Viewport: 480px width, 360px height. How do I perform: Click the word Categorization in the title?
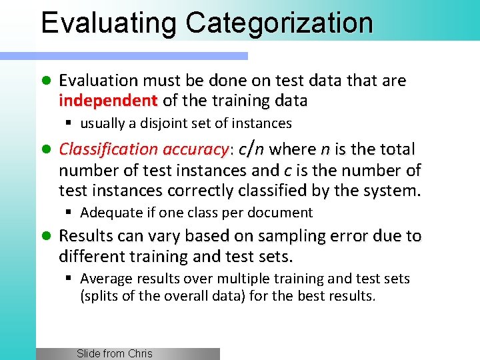(x=279, y=22)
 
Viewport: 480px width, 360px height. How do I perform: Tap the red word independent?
(x=107, y=101)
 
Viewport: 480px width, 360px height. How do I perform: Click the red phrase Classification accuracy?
(x=143, y=149)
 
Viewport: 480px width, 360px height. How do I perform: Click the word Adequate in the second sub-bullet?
(x=107, y=213)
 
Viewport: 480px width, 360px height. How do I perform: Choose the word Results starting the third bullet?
(x=85, y=236)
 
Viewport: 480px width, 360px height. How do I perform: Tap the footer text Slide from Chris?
(x=114, y=354)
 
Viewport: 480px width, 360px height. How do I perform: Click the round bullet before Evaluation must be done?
(x=46, y=81)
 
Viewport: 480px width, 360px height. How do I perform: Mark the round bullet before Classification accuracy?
(x=46, y=149)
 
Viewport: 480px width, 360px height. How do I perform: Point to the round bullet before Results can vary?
(x=46, y=236)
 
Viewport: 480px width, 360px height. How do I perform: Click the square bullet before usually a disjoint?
(x=69, y=123)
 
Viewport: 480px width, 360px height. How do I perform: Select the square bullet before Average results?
(x=69, y=279)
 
